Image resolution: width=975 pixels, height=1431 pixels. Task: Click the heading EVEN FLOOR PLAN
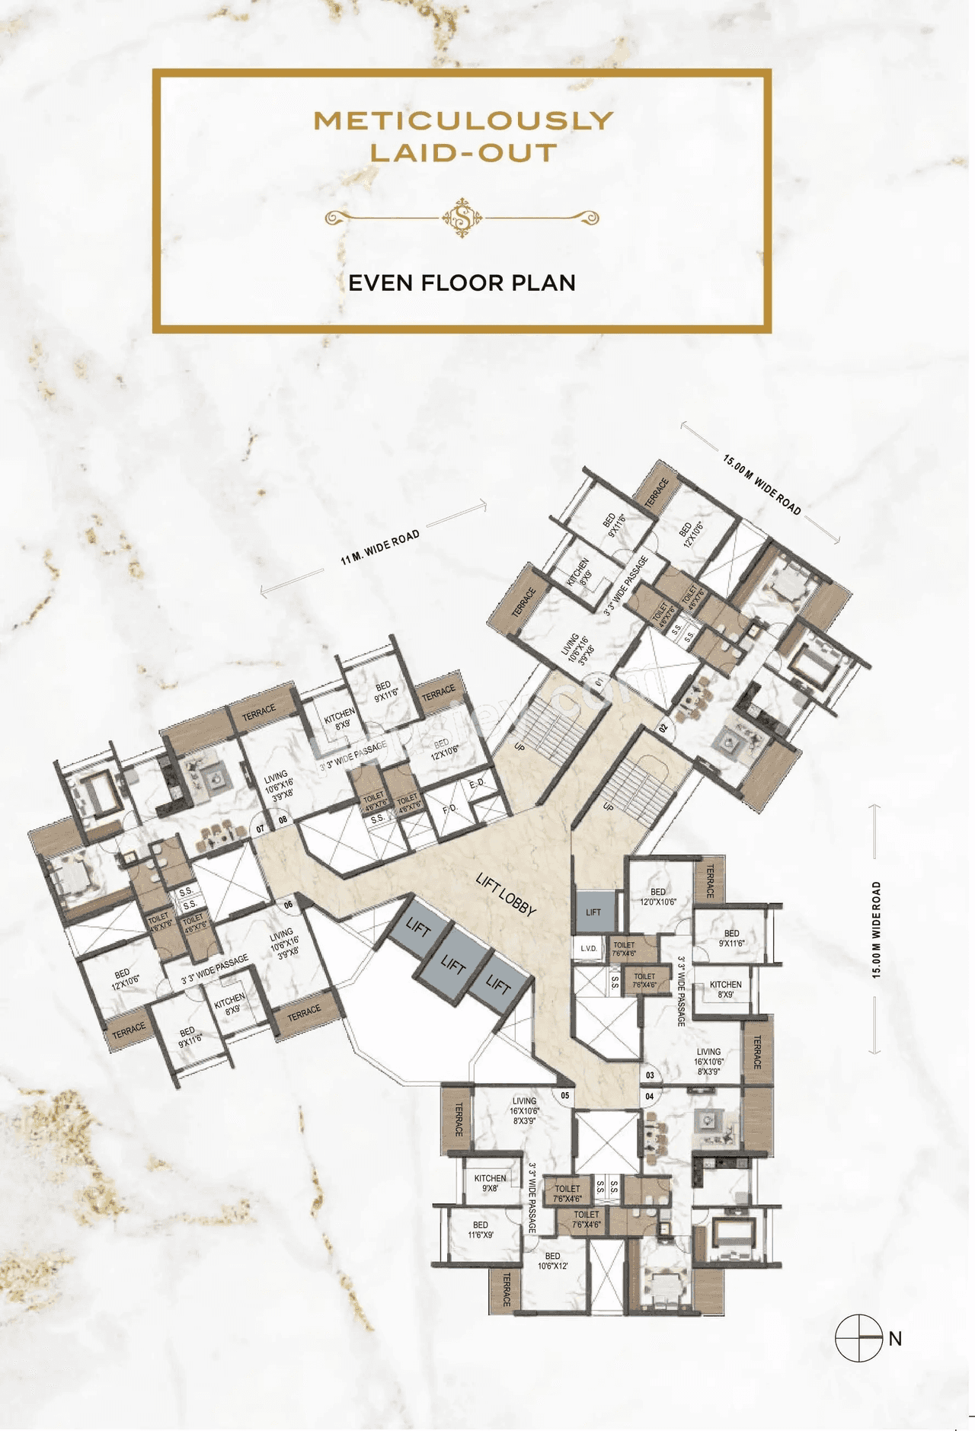pyautogui.click(x=462, y=283)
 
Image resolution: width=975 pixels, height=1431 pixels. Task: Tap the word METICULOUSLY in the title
pyautogui.click(x=463, y=120)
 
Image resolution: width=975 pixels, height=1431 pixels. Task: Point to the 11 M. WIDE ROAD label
pyautogui.click(x=379, y=548)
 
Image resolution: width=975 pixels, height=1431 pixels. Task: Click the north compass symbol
pyautogui.click(x=859, y=1338)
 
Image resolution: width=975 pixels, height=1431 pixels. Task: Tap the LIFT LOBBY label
pyautogui.click(x=507, y=894)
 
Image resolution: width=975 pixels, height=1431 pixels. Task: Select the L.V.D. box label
pyautogui.click(x=589, y=948)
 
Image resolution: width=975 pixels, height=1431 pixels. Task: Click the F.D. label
pyautogui.click(x=450, y=808)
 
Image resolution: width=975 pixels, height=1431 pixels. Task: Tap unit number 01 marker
pyautogui.click(x=599, y=679)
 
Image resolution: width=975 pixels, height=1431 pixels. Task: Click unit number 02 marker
pyautogui.click(x=663, y=728)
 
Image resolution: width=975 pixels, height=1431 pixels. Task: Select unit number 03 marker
pyautogui.click(x=650, y=1075)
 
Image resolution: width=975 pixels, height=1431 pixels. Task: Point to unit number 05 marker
pyautogui.click(x=565, y=1096)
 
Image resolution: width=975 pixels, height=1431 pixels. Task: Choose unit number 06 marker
pyautogui.click(x=289, y=906)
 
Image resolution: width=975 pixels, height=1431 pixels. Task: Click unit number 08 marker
pyautogui.click(x=283, y=820)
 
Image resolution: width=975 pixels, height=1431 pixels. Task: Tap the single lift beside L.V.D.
pyautogui.click(x=593, y=912)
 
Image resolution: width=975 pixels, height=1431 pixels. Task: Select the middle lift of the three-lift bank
pyautogui.click(x=453, y=966)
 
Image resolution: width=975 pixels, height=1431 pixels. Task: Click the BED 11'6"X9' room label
pyautogui.click(x=481, y=1229)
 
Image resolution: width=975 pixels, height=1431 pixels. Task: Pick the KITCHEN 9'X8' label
pyautogui.click(x=490, y=1183)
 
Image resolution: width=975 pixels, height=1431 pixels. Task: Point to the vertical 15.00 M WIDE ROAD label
pyautogui.click(x=876, y=929)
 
